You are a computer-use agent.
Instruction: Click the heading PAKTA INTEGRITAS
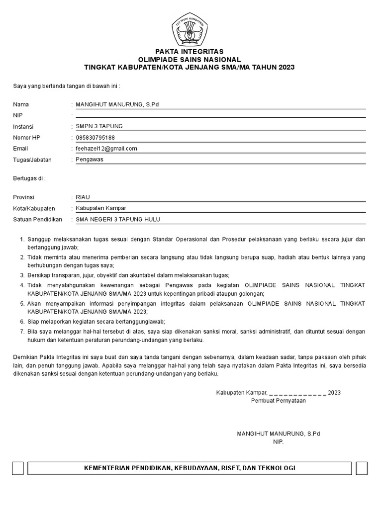[189, 52]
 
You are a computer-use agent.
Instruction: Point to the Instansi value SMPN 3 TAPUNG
[99, 126]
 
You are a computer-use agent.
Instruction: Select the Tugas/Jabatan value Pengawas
[90, 160]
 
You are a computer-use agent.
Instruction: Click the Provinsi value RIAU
[83, 197]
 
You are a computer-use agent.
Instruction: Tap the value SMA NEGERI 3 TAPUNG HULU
[118, 219]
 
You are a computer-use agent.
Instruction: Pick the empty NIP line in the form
[219, 116]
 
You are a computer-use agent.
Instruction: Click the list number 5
[22, 303]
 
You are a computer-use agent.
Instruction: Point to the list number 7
[22, 332]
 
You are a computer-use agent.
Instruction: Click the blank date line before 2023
[297, 393]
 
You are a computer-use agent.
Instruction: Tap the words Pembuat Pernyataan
[279, 401]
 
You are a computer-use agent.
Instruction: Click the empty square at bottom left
[18, 468]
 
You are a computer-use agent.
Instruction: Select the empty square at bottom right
[362, 468]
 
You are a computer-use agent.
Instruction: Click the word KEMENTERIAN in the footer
[107, 468]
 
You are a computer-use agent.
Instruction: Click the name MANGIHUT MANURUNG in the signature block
[271, 434]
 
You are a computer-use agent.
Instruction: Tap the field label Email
[20, 149]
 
